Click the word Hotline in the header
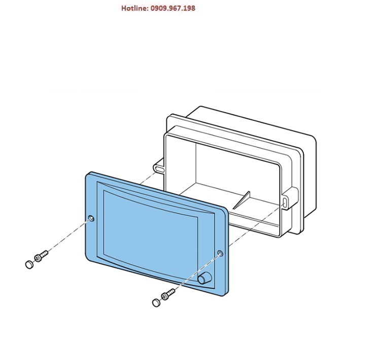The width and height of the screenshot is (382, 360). coord(134,8)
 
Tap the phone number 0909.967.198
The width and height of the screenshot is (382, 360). coord(173,8)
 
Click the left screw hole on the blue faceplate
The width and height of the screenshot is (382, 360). coord(91,218)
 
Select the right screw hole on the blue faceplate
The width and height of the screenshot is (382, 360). coord(220,252)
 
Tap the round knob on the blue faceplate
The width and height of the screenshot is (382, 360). coord(205,278)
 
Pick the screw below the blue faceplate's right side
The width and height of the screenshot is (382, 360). coord(168,293)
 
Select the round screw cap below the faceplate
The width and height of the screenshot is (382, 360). coord(156,303)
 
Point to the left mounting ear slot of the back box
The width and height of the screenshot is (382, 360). coord(159,167)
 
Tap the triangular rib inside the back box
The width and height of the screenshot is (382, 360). coord(242,200)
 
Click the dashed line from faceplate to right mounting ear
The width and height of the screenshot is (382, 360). coord(254,226)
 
